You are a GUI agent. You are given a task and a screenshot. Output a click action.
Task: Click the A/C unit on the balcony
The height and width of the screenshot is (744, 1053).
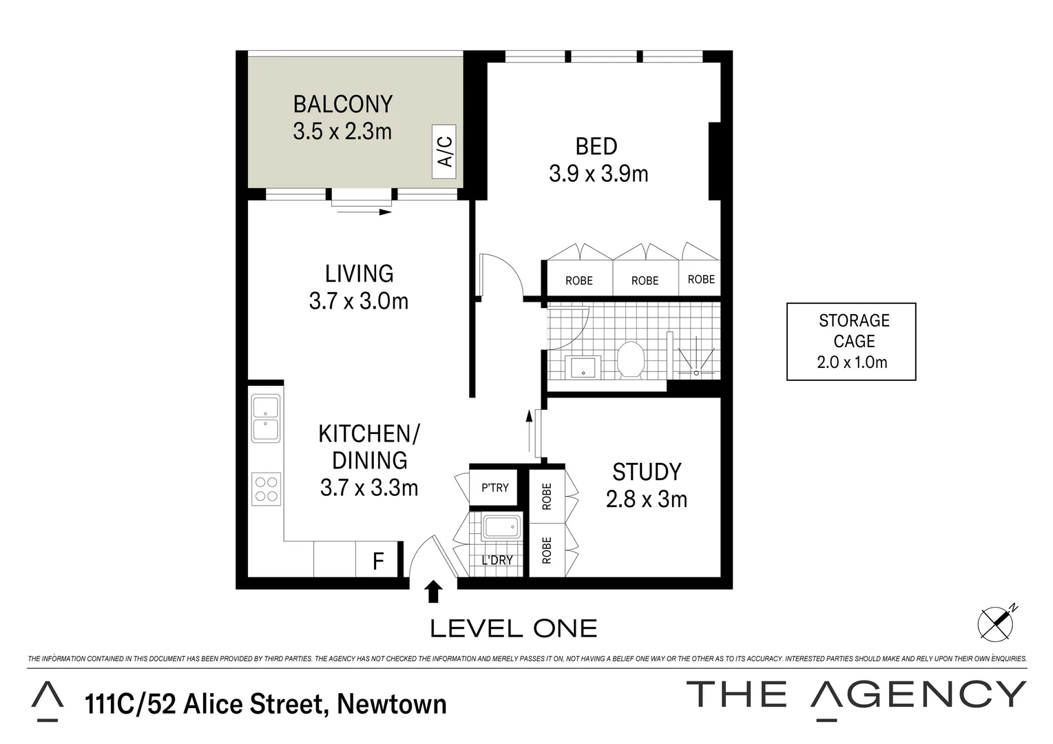click(x=446, y=152)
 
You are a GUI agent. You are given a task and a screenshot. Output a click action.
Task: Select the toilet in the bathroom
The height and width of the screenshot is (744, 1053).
click(x=629, y=360)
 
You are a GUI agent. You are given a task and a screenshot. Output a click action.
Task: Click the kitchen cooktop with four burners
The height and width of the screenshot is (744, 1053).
click(x=267, y=488)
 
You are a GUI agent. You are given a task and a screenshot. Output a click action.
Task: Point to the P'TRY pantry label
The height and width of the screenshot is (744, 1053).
click(x=494, y=488)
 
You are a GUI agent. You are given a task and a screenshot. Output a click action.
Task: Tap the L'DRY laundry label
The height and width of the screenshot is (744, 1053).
click(x=497, y=560)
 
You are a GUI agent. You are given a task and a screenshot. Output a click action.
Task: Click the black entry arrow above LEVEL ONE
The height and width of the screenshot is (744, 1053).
click(x=433, y=592)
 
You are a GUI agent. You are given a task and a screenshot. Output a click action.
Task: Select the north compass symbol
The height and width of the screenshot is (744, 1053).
click(x=997, y=623)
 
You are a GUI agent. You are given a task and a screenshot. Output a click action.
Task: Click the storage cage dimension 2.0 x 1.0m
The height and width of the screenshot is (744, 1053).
click(x=852, y=362)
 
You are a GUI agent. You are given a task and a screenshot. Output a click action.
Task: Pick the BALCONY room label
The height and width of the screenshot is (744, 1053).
click(x=343, y=104)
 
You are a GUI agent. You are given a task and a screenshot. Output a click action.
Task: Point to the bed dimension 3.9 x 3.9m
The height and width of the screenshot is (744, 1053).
click(x=598, y=174)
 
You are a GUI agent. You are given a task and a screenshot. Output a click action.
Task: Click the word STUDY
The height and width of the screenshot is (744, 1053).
click(x=647, y=472)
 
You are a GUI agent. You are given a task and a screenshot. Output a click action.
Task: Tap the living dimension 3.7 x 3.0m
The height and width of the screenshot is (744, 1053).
click(x=359, y=301)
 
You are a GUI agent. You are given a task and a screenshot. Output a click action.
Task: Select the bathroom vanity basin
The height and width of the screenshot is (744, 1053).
click(x=583, y=368)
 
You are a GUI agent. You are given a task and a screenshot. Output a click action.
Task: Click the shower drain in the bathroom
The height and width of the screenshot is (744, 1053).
click(x=696, y=372)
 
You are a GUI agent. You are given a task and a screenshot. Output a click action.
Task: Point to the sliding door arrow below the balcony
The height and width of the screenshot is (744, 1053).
click(x=364, y=211)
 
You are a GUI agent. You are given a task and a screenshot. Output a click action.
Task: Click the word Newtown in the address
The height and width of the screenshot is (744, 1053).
click(x=392, y=705)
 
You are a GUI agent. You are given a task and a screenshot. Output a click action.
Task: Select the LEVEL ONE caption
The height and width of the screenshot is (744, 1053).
click(x=513, y=628)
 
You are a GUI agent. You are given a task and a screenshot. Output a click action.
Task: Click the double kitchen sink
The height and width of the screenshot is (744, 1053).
click(x=266, y=418)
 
